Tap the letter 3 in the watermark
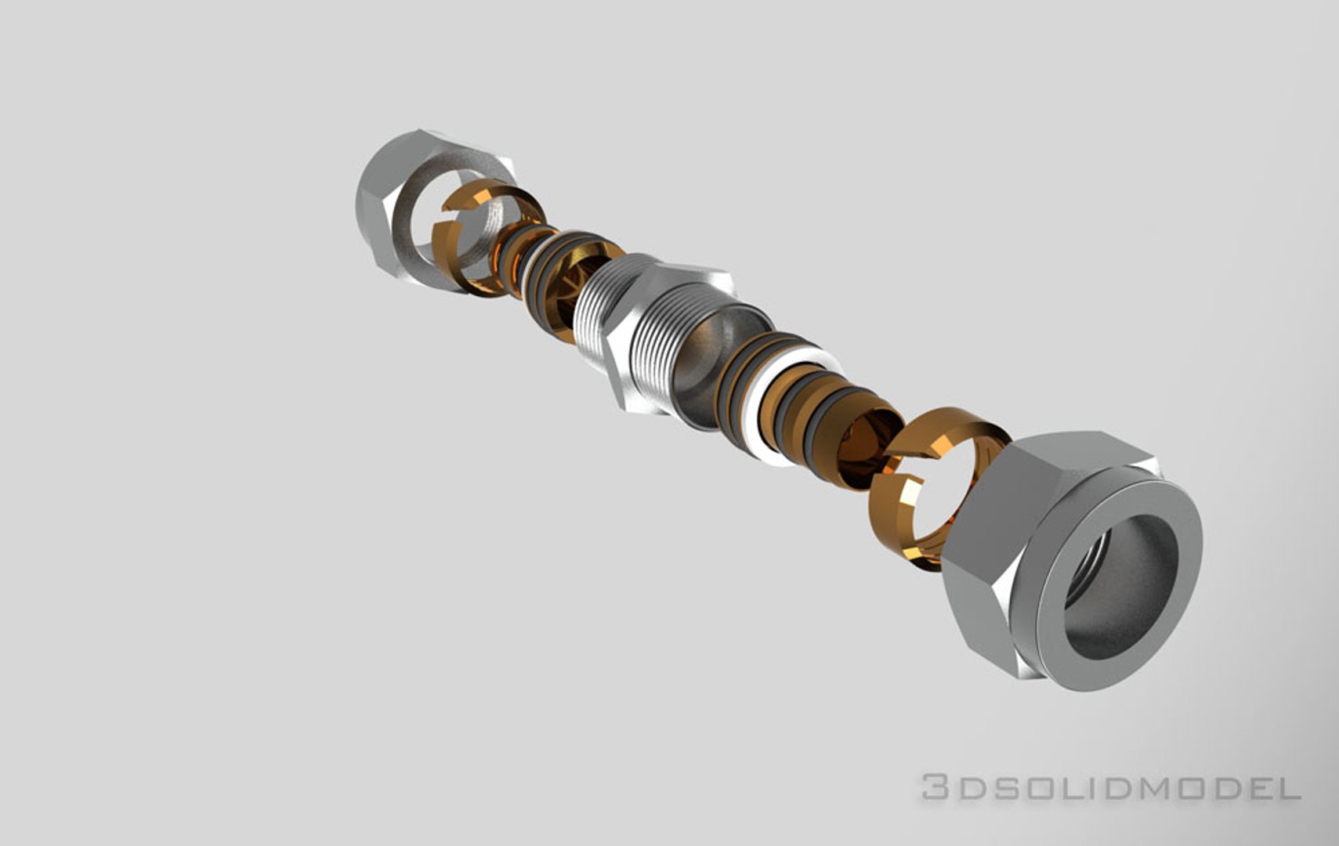[934, 786]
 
